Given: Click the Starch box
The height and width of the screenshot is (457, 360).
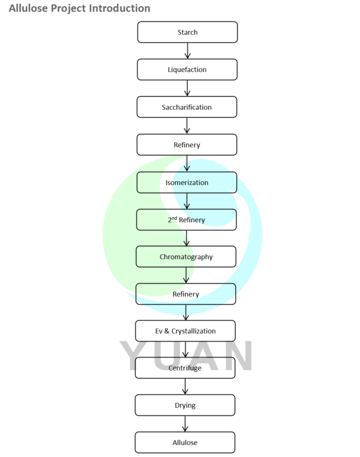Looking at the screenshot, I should (x=187, y=32).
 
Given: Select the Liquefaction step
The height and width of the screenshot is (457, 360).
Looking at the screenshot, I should (x=187, y=70).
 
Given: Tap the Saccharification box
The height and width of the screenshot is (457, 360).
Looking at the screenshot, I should (x=187, y=107).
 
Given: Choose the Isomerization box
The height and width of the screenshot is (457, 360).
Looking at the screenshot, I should (x=187, y=182).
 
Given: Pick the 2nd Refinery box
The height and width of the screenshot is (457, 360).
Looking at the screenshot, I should (x=186, y=220).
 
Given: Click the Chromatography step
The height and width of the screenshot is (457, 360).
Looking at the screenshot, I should (x=186, y=257).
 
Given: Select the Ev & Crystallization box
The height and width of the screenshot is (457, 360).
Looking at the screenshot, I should (x=186, y=331).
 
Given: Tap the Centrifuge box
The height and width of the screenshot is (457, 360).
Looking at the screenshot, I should (x=185, y=368).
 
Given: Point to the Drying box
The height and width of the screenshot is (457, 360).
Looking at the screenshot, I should (x=185, y=405).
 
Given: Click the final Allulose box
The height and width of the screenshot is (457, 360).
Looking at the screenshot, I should (x=185, y=443).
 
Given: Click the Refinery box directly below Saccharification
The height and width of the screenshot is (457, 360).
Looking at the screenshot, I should (x=187, y=145).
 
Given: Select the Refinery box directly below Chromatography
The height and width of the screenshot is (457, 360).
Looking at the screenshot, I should (x=186, y=294).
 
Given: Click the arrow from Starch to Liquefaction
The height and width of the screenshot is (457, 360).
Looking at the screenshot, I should (x=187, y=51).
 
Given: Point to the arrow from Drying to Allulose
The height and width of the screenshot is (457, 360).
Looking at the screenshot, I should (x=185, y=424).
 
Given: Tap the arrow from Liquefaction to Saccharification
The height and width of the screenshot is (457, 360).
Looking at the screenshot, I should (x=187, y=89).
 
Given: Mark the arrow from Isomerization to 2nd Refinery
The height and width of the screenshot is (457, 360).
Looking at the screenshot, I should (x=187, y=201).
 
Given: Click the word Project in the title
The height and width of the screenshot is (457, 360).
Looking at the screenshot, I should (x=67, y=8).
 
